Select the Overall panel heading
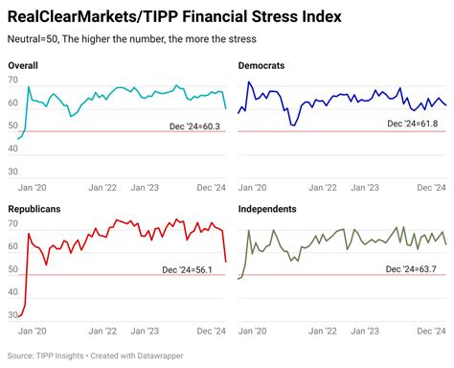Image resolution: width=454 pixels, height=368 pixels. (x=24, y=64)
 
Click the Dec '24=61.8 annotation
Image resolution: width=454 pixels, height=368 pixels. (x=417, y=124)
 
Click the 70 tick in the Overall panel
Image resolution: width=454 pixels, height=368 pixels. (x=13, y=80)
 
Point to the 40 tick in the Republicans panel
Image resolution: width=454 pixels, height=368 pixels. (x=13, y=297)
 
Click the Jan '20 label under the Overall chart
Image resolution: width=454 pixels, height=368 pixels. (x=34, y=189)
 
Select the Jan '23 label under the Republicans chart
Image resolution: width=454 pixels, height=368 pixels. (x=145, y=332)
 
